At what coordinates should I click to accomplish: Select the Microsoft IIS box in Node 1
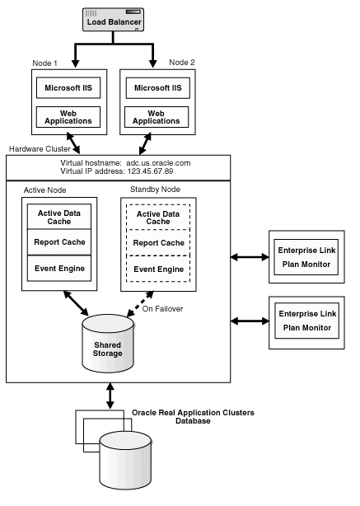tap(68, 87)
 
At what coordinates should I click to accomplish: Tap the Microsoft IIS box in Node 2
tap(157, 87)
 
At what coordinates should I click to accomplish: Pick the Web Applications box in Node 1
tap(68, 116)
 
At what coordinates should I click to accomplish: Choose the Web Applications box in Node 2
tap(157, 116)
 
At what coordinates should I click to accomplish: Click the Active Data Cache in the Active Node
tap(58, 217)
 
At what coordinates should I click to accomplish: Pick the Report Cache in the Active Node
tap(58, 242)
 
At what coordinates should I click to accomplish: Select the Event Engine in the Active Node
tap(58, 269)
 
